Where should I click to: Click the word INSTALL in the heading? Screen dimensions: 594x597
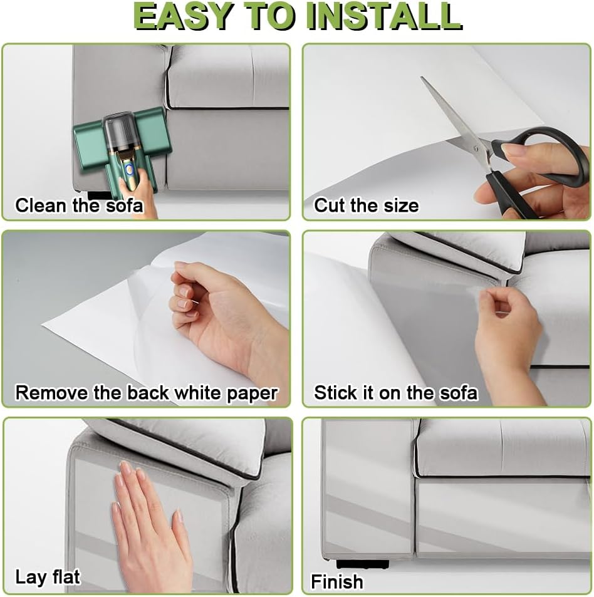point(384,16)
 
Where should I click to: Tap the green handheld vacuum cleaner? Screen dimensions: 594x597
point(120,149)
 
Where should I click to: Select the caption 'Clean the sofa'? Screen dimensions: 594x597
point(79,205)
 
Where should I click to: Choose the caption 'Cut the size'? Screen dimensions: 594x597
point(367,205)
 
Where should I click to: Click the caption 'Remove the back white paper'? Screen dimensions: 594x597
point(147,393)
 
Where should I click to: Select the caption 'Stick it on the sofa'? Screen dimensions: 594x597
point(395,393)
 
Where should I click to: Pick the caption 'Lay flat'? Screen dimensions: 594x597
point(48,577)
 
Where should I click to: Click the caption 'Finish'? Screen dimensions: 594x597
point(337,581)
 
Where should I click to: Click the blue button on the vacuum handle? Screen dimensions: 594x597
point(130,166)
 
